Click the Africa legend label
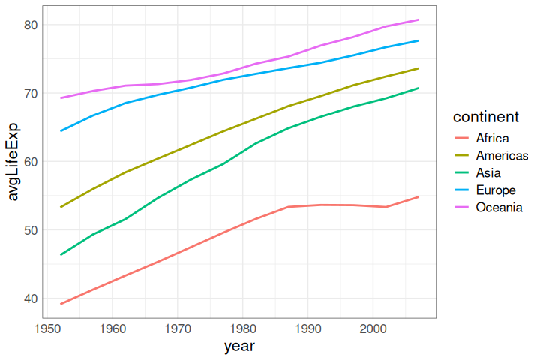[x=492, y=138]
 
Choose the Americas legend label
[x=502, y=155]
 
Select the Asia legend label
[x=488, y=172]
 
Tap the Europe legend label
[x=496, y=190]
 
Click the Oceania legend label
[x=499, y=207]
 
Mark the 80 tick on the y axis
[x=30, y=25]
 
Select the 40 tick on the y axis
[x=30, y=298]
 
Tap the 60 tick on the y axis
[x=30, y=161]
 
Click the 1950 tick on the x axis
[x=47, y=328]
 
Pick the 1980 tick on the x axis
[x=242, y=328]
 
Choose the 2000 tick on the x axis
[x=373, y=328]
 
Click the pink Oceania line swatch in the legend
[x=462, y=207]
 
